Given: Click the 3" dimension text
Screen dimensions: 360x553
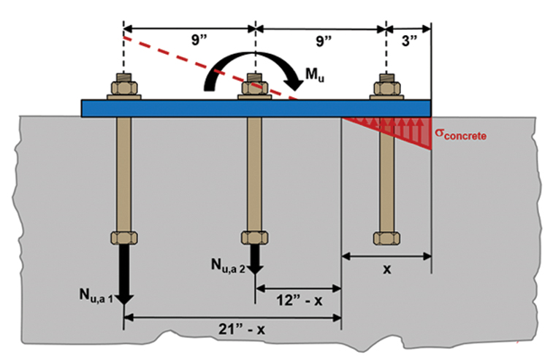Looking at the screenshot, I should pyautogui.click(x=409, y=41).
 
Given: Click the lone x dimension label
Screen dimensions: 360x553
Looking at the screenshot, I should pyautogui.click(x=387, y=269).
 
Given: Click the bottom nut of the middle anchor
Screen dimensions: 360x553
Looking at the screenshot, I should pyautogui.click(x=255, y=238).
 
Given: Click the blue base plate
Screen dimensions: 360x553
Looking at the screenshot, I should pyautogui.click(x=183, y=107).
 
